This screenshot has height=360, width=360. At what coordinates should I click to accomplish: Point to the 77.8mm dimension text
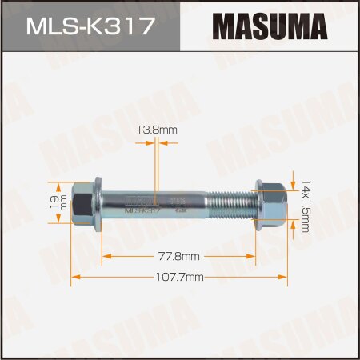click(x=180, y=256)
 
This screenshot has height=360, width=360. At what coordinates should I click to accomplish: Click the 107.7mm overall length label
click(x=180, y=277)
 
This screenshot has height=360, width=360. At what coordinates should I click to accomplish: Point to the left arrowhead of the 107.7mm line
click(x=75, y=277)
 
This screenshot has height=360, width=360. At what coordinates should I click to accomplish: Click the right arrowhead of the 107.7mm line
click(x=286, y=277)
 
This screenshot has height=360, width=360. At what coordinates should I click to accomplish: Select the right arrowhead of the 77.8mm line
click(x=256, y=256)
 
